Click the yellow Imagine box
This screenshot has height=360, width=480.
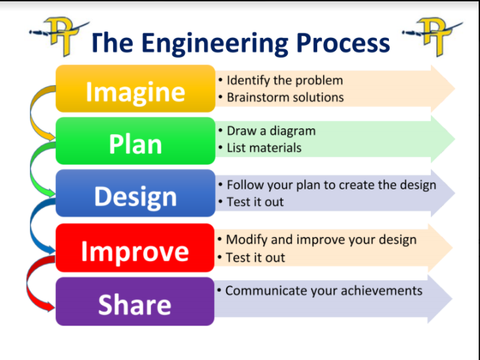[x=136, y=89]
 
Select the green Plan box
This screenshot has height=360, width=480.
[x=136, y=141]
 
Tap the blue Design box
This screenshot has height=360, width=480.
[x=136, y=193]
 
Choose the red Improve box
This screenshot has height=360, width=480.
[x=135, y=248]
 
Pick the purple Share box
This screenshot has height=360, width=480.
[x=135, y=302]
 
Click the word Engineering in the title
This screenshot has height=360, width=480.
[x=215, y=44]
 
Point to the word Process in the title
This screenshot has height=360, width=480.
[x=343, y=43]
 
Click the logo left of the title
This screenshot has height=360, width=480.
[x=60, y=36]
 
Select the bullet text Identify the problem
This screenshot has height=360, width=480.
[x=285, y=80]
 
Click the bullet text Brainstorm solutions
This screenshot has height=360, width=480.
[x=285, y=97]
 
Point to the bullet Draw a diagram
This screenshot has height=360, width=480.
[x=271, y=131]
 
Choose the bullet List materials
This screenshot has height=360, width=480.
[x=264, y=147]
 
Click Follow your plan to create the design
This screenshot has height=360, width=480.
[x=331, y=185]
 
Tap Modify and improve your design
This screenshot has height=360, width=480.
[x=321, y=240]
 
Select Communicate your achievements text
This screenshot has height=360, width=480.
[x=324, y=291]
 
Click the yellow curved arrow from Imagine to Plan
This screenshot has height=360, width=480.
[x=31, y=113]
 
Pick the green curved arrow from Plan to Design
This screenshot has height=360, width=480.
[x=31, y=168]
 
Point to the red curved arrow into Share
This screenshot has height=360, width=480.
[x=27, y=283]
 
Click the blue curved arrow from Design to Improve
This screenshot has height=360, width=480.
[x=31, y=225]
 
